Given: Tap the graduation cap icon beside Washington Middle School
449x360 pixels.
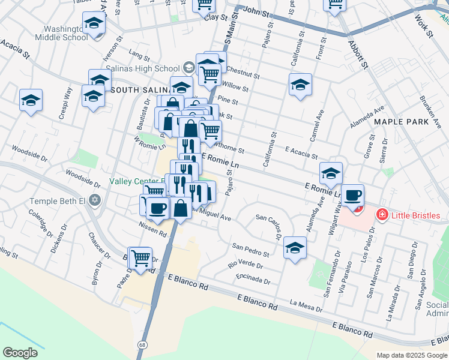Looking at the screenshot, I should point(94,23).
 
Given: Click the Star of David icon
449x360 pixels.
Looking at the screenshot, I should point(94,200).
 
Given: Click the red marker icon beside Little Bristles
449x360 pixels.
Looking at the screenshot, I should point(381,214).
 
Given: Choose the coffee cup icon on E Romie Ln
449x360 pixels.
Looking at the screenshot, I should point(352,195).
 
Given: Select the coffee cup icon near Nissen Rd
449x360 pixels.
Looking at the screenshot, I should point(158,208).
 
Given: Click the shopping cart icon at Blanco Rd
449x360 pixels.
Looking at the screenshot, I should point(141,259).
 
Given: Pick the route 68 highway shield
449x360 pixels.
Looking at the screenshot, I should point(142,344).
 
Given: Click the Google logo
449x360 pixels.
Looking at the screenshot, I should point(20,352).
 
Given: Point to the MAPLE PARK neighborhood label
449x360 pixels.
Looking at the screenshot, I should point(401,121).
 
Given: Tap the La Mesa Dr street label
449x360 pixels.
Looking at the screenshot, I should point(306,306).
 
